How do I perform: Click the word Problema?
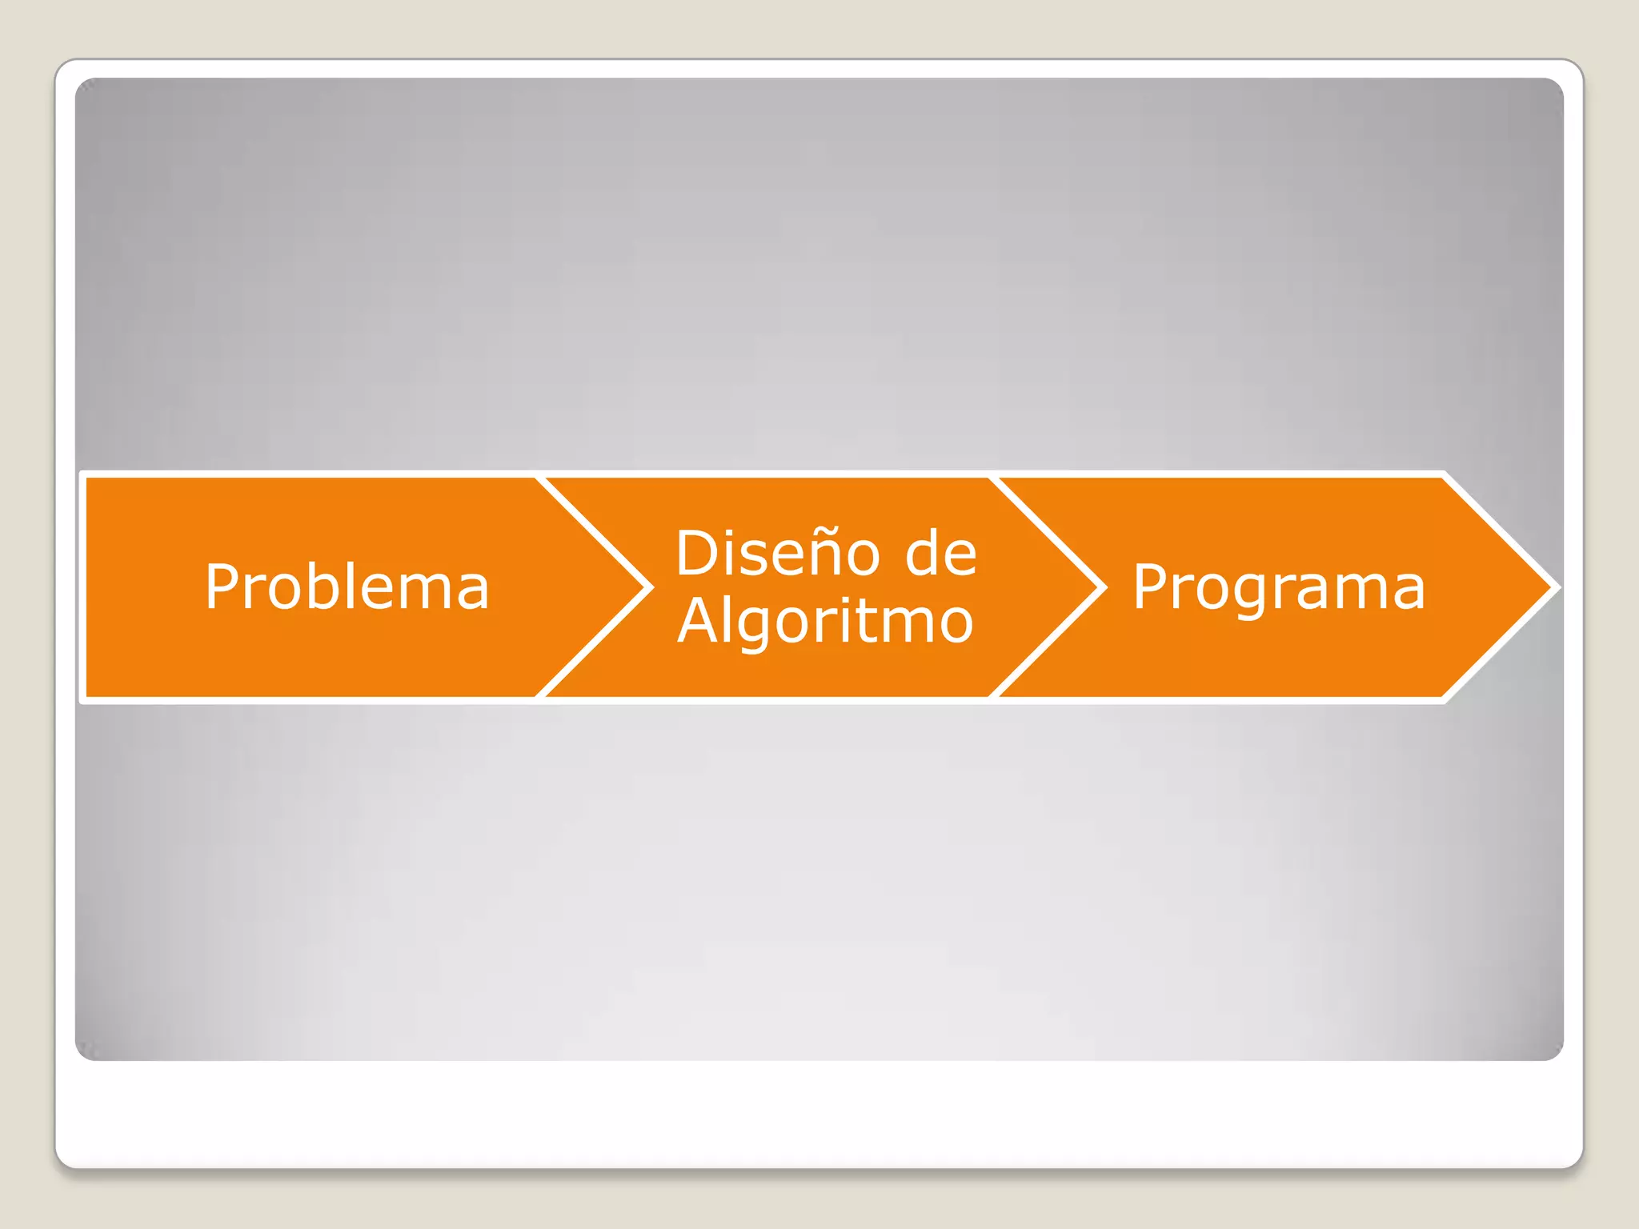click(347, 587)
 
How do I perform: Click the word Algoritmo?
click(825, 622)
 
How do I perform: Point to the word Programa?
click(1278, 587)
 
